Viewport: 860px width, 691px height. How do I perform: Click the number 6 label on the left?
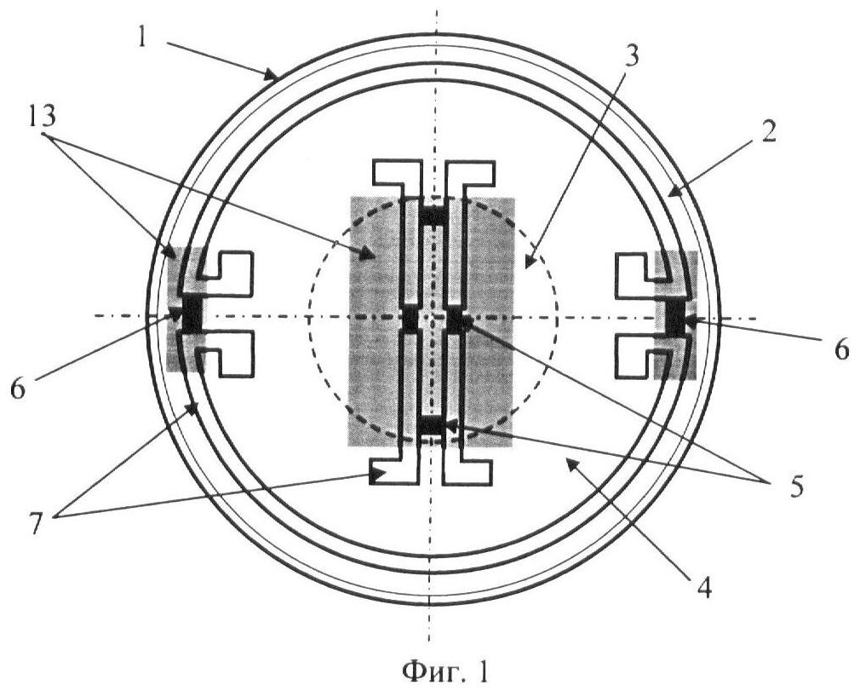[18, 389]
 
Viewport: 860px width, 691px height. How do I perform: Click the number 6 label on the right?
[842, 349]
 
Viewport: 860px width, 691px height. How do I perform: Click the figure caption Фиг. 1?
[444, 671]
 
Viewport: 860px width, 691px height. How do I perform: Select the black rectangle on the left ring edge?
[192, 314]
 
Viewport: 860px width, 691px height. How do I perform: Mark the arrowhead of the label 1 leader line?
[272, 75]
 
